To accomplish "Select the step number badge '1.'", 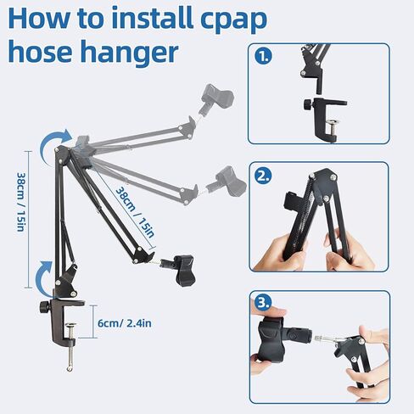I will click(x=265, y=58).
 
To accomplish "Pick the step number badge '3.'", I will click(x=265, y=303).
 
